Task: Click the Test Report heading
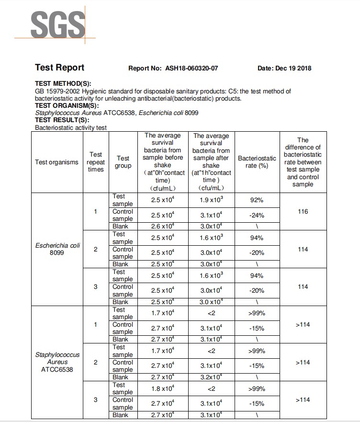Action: [59, 68]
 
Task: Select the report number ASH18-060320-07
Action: [191, 68]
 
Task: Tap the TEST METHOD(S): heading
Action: [63, 84]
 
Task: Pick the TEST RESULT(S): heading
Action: [62, 120]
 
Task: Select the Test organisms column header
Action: [56, 162]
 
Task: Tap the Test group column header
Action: [123, 162]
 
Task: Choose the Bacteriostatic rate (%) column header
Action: [257, 162]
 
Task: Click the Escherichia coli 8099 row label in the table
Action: [57, 249]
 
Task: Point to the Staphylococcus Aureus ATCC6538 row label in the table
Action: [57, 362]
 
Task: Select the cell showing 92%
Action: [257, 200]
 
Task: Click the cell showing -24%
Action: [257, 216]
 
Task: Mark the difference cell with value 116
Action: [303, 211]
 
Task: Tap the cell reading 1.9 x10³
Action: [211, 200]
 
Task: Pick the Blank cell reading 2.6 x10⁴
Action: [162, 226]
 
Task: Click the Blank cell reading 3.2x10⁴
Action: [211, 377]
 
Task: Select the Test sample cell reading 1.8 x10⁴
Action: [162, 389]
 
